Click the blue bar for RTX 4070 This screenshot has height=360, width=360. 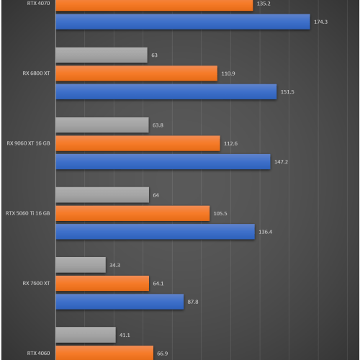pos(182,22)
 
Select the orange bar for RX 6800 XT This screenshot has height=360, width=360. pos(136,73)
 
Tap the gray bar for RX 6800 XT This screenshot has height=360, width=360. pos(102,55)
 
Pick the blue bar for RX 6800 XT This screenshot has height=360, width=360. pos(166,91)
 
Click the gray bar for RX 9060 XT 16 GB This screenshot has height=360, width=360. pos(102,125)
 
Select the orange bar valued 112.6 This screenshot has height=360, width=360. pos(138,143)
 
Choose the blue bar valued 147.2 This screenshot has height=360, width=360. pos(163,161)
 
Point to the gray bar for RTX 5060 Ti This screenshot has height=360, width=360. pos(102,195)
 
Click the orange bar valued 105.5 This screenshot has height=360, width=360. pos(132,213)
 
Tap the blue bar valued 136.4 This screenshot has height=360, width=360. pos(155,231)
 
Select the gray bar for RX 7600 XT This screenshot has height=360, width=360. pos(81,266)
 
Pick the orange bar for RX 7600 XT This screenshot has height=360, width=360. pos(102,284)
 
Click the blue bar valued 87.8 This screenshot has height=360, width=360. pos(120,302)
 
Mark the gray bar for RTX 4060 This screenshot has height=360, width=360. pos(86,335)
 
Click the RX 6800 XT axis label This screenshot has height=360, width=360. pos(37,73)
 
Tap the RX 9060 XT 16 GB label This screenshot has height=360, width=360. pos(29,143)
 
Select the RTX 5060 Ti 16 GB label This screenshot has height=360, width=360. pos(28,213)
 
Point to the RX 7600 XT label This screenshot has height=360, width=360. pos(37,284)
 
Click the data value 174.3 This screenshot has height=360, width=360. pos(321,22)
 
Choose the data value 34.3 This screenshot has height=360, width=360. pos(115,266)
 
